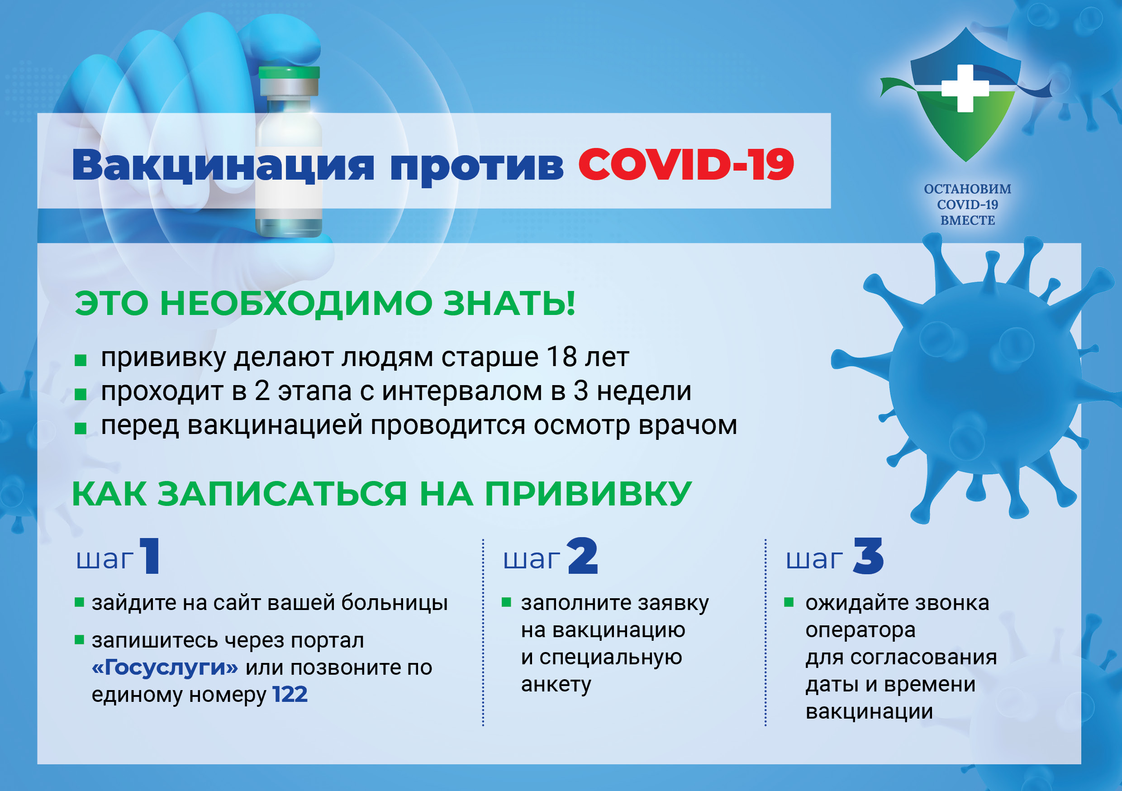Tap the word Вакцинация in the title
pos(223,166)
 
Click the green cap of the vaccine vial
pos(289,72)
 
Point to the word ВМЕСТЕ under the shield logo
pos(968,220)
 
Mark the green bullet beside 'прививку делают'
pos(80,361)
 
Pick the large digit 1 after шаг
pos(151,555)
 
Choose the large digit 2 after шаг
pos(583,555)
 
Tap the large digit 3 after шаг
pos(868,555)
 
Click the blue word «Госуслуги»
pos(165,667)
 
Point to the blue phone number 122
pos(290,694)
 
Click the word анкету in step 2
pos(556,684)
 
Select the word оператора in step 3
pos(860,631)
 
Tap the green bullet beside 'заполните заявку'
pos(506,602)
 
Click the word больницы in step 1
pos(395,603)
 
